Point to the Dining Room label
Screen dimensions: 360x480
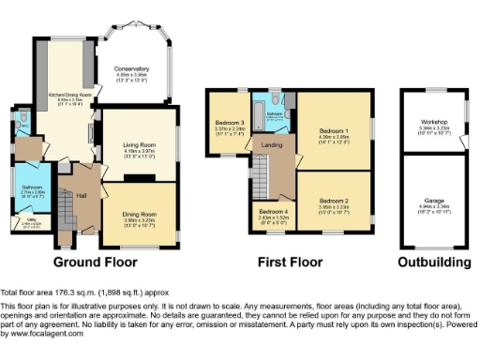(x=139, y=214)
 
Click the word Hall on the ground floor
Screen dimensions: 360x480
(x=82, y=195)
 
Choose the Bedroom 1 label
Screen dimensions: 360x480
(x=334, y=131)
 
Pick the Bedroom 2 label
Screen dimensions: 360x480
(x=333, y=201)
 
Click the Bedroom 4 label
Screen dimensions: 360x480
(x=275, y=211)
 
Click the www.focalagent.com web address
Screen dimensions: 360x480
(x=42, y=334)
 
